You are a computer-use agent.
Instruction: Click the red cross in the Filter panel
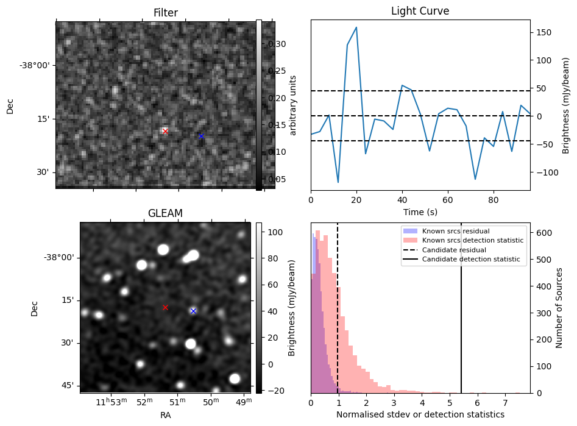pos(165,131)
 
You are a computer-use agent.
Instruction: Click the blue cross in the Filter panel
pos(201,136)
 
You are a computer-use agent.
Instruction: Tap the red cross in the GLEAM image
pos(165,307)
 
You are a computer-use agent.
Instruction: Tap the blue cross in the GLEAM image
pos(193,311)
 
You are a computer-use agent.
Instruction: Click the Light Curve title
pos(420,12)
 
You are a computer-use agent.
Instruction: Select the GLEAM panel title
pos(165,213)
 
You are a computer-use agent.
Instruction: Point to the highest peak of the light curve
pos(356,27)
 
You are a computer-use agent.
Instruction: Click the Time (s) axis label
pos(420,211)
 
